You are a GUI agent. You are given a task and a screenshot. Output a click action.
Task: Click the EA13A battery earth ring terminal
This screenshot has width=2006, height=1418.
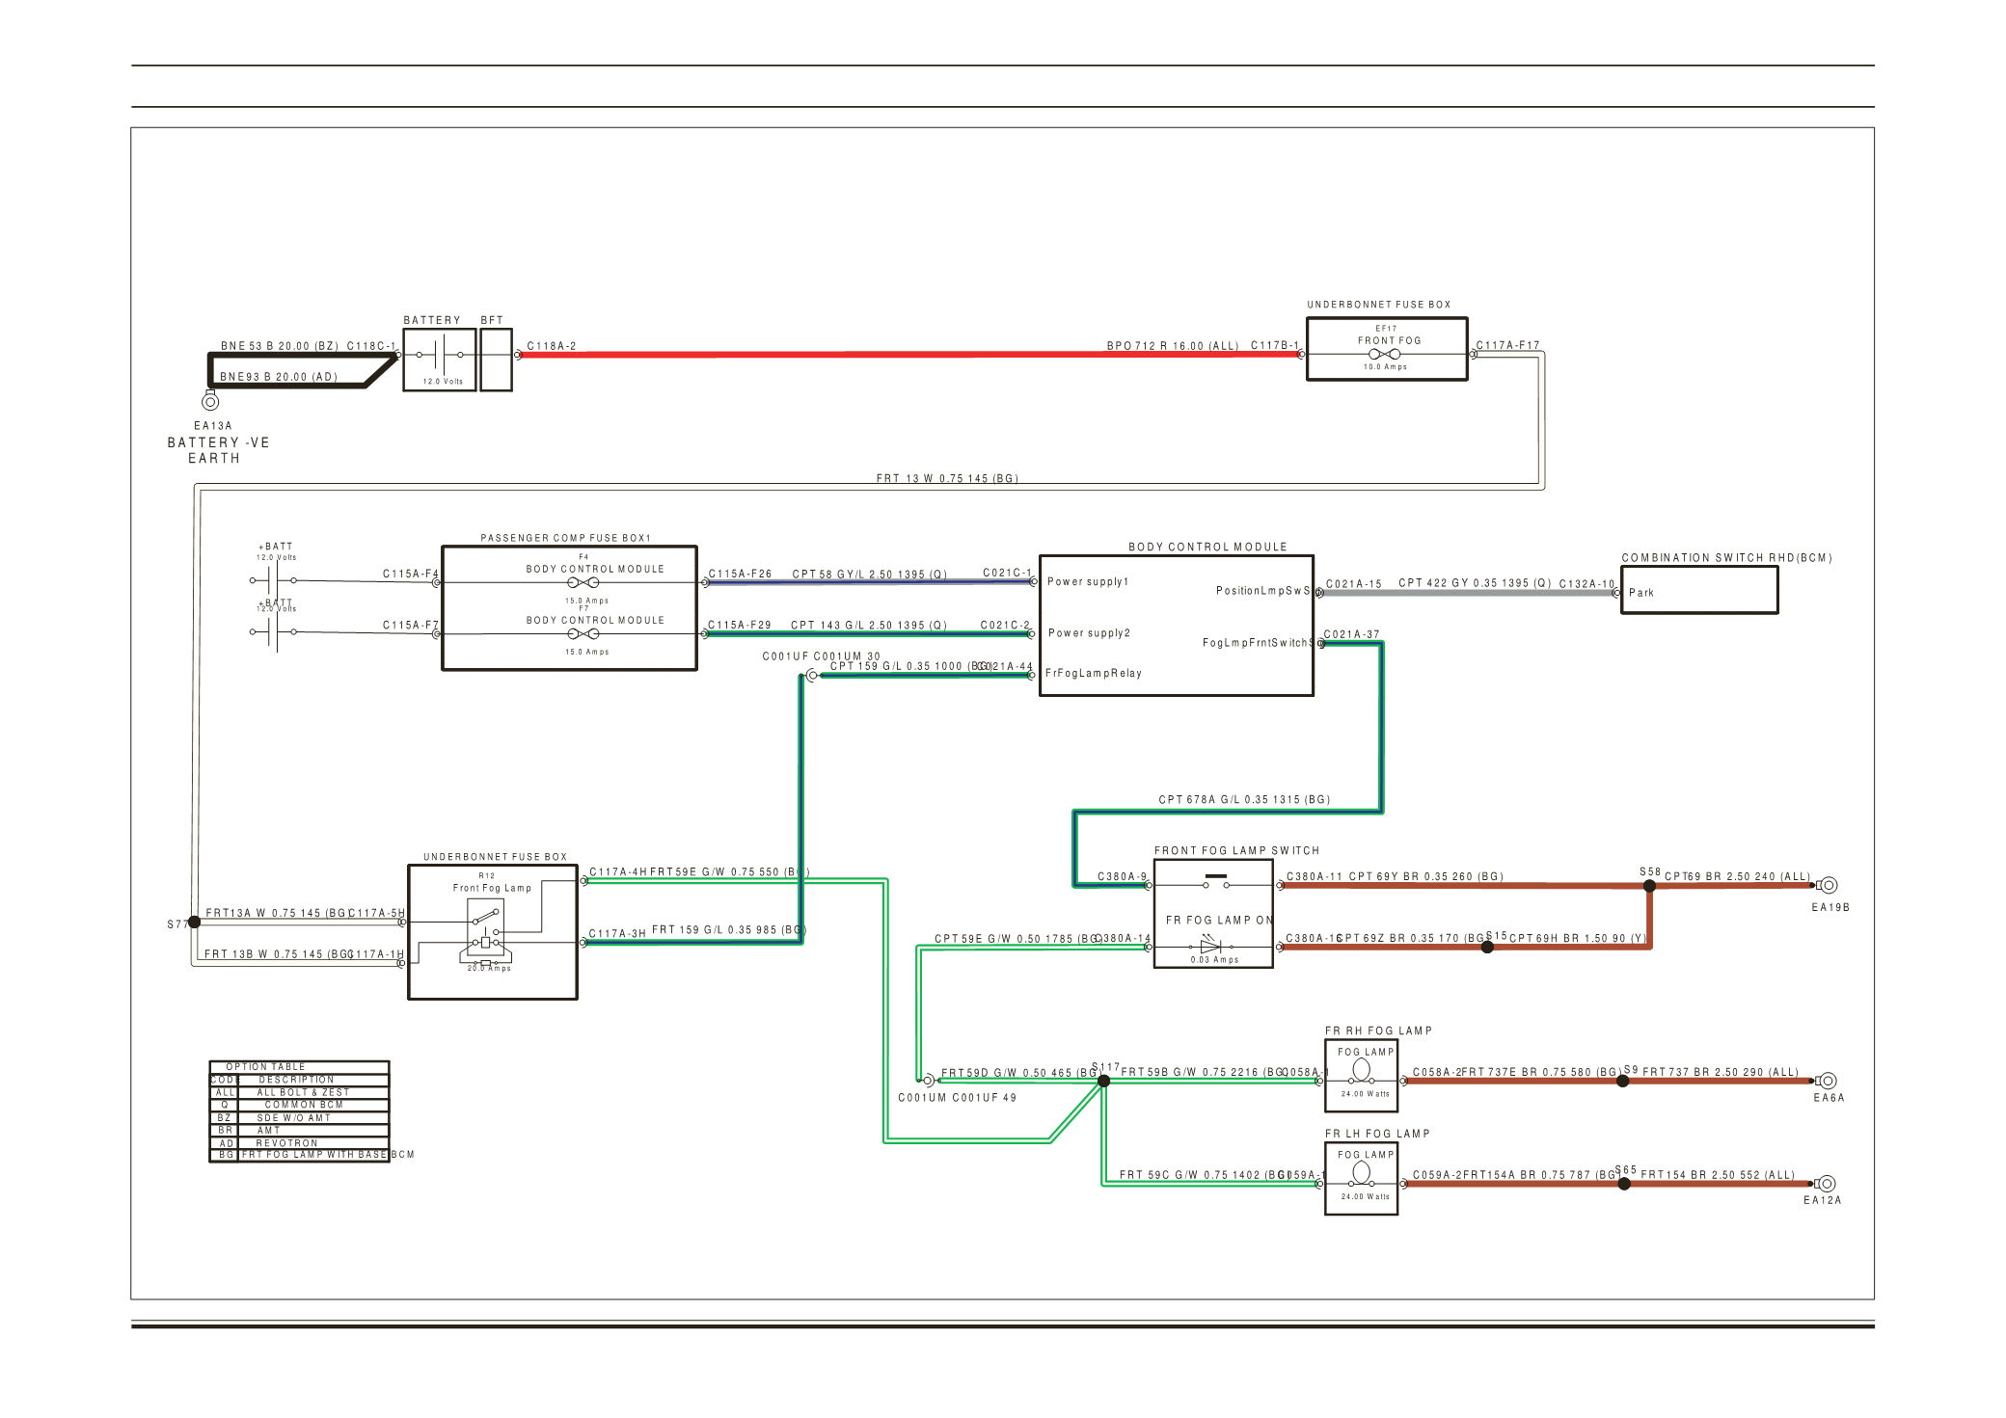(210, 402)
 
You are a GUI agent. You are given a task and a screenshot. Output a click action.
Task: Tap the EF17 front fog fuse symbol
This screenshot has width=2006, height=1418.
(1384, 354)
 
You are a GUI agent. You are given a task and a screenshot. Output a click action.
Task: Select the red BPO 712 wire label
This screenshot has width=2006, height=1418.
(1172, 345)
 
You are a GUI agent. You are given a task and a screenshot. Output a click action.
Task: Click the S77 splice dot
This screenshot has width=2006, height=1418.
(194, 923)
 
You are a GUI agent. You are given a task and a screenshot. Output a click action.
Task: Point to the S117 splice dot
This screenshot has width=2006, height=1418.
(1103, 1081)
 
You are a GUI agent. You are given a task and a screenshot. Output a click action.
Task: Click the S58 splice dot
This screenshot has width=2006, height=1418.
(1649, 885)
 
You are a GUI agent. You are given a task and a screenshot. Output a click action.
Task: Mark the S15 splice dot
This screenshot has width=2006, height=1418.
(1487, 947)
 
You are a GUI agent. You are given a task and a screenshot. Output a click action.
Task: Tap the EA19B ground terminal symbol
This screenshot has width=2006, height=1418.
(1828, 885)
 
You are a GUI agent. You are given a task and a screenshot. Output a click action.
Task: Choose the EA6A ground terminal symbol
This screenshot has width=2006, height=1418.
(1828, 1081)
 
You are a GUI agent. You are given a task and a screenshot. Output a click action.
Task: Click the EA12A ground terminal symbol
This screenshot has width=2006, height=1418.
(1827, 1184)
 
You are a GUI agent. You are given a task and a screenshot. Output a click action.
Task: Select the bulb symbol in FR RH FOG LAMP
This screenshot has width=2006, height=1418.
(1362, 1070)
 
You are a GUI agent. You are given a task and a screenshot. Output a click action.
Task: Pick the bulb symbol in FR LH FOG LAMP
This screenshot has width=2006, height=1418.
(1362, 1172)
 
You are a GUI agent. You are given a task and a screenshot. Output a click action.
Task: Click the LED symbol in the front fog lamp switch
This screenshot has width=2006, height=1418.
(1210, 946)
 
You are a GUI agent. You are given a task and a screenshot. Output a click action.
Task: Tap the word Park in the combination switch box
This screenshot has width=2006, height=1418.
(1640, 593)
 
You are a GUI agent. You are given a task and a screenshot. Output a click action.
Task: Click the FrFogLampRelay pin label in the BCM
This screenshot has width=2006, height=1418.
(1093, 673)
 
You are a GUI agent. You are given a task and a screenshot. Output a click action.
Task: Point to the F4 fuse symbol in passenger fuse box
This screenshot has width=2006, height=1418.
(583, 582)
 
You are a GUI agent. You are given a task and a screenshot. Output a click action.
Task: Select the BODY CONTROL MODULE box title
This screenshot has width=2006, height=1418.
(1207, 547)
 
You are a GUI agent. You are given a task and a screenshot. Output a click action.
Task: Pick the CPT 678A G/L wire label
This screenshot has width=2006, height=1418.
(1243, 799)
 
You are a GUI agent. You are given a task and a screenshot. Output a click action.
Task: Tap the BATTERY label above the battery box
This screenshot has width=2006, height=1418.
(432, 320)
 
